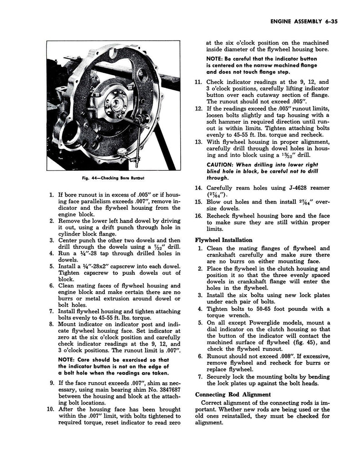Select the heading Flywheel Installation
point(223,240)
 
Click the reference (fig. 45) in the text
point(299,342)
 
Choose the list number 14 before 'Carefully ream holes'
point(198,187)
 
